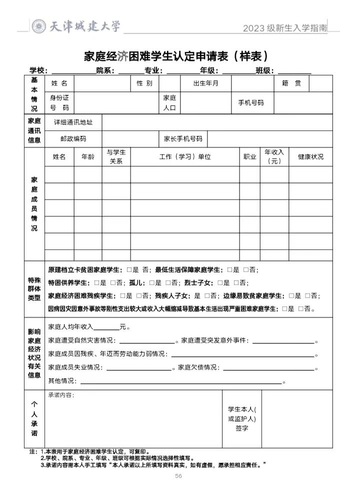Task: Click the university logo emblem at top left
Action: coord(39,26)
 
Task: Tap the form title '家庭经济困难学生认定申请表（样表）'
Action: coord(179,55)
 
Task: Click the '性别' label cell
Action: coord(144,83)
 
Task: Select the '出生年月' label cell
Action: coord(205,83)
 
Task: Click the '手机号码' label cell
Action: coord(250,102)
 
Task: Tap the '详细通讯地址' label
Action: coord(73,122)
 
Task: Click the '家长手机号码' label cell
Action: coord(182,139)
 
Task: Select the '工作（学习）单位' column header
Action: coord(185,156)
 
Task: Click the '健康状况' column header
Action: coord(310,156)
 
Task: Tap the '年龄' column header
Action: coord(87,156)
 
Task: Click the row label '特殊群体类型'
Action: coord(34,289)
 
